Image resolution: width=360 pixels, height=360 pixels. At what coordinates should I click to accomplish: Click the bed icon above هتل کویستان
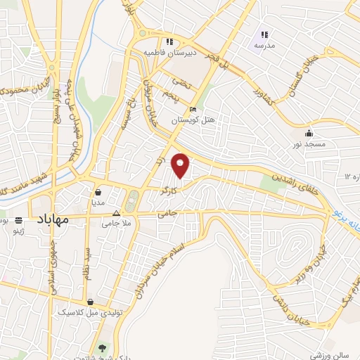[193, 110]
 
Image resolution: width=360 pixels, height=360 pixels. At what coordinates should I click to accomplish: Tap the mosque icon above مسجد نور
[309, 134]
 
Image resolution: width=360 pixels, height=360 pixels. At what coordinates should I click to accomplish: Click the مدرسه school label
[265, 46]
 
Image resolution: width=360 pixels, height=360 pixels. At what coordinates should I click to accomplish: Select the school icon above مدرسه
[265, 34]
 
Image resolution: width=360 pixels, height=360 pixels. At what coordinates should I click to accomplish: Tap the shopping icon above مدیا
[98, 191]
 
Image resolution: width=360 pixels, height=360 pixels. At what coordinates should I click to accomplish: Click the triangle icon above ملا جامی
[127, 211]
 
